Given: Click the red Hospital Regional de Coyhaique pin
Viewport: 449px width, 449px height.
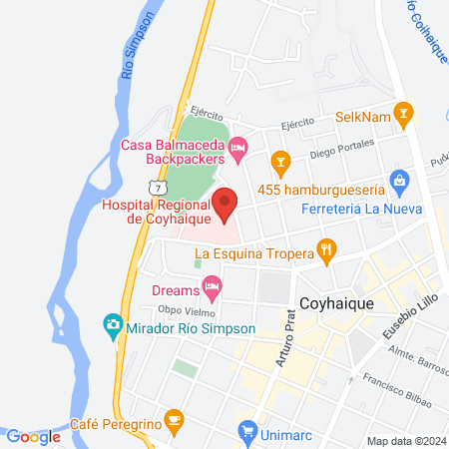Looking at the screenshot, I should pos(225,202).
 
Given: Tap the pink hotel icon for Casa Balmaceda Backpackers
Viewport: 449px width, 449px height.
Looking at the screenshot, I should pos(237,151).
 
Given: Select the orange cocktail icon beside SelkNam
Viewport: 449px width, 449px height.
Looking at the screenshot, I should pos(402,114).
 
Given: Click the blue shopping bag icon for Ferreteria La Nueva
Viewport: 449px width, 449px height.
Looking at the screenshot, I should pos(400,182).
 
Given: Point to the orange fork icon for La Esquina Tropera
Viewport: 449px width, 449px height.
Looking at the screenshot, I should pos(324,250).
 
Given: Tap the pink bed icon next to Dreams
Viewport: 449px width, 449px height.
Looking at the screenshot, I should pos(211,290).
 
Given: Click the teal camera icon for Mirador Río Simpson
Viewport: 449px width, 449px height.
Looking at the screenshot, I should pos(113,326).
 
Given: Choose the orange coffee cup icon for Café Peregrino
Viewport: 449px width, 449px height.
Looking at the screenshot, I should pos(175,420).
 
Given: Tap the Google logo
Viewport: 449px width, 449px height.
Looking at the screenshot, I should pos(33,436).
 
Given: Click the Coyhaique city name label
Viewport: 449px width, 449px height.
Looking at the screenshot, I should pos(337,301).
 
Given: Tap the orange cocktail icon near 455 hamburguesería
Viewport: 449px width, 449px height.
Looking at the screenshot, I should pos(281,159).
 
